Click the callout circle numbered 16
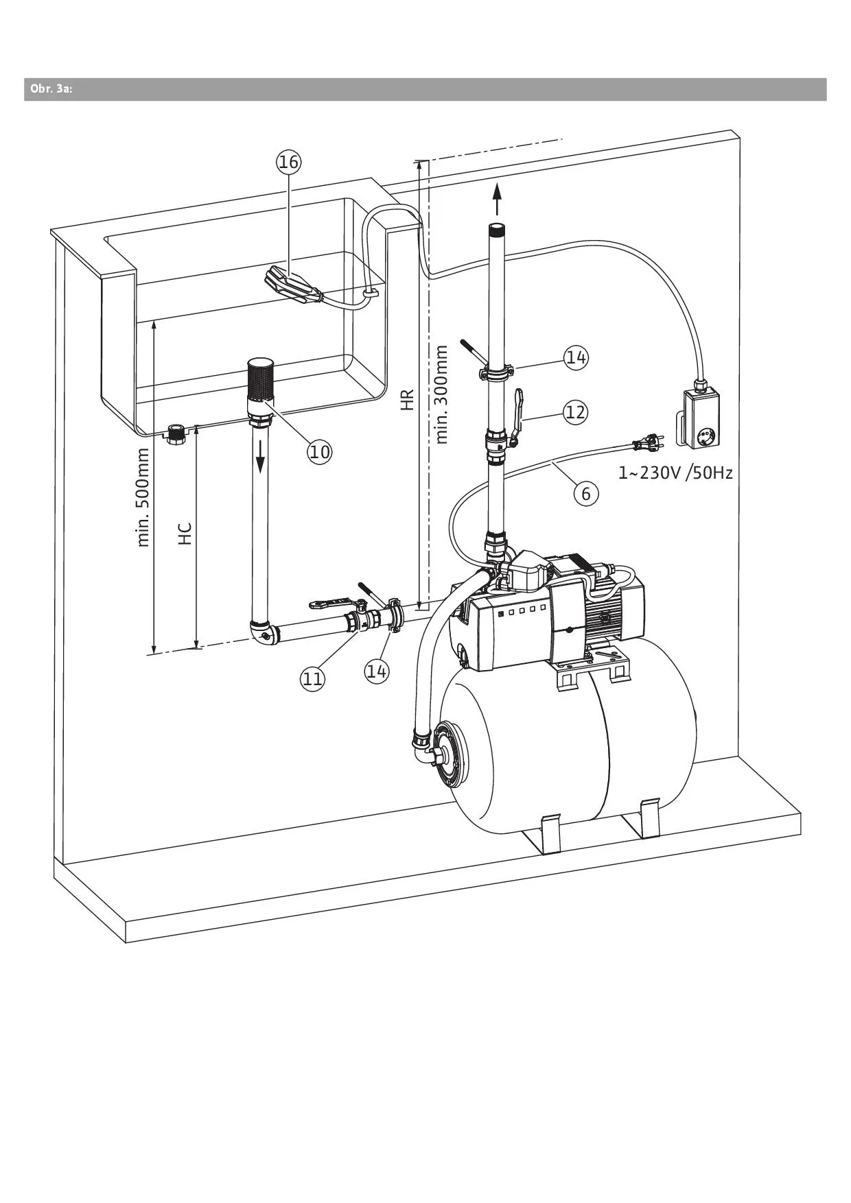click(288, 162)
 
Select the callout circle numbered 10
click(319, 451)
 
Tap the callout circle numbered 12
click(576, 412)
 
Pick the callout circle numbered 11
click(312, 678)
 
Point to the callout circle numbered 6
click(585, 493)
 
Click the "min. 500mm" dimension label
click(143, 497)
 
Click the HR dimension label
click(408, 399)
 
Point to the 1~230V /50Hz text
click(675, 473)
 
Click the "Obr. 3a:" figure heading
click(51, 89)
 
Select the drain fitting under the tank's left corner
click(175, 435)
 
